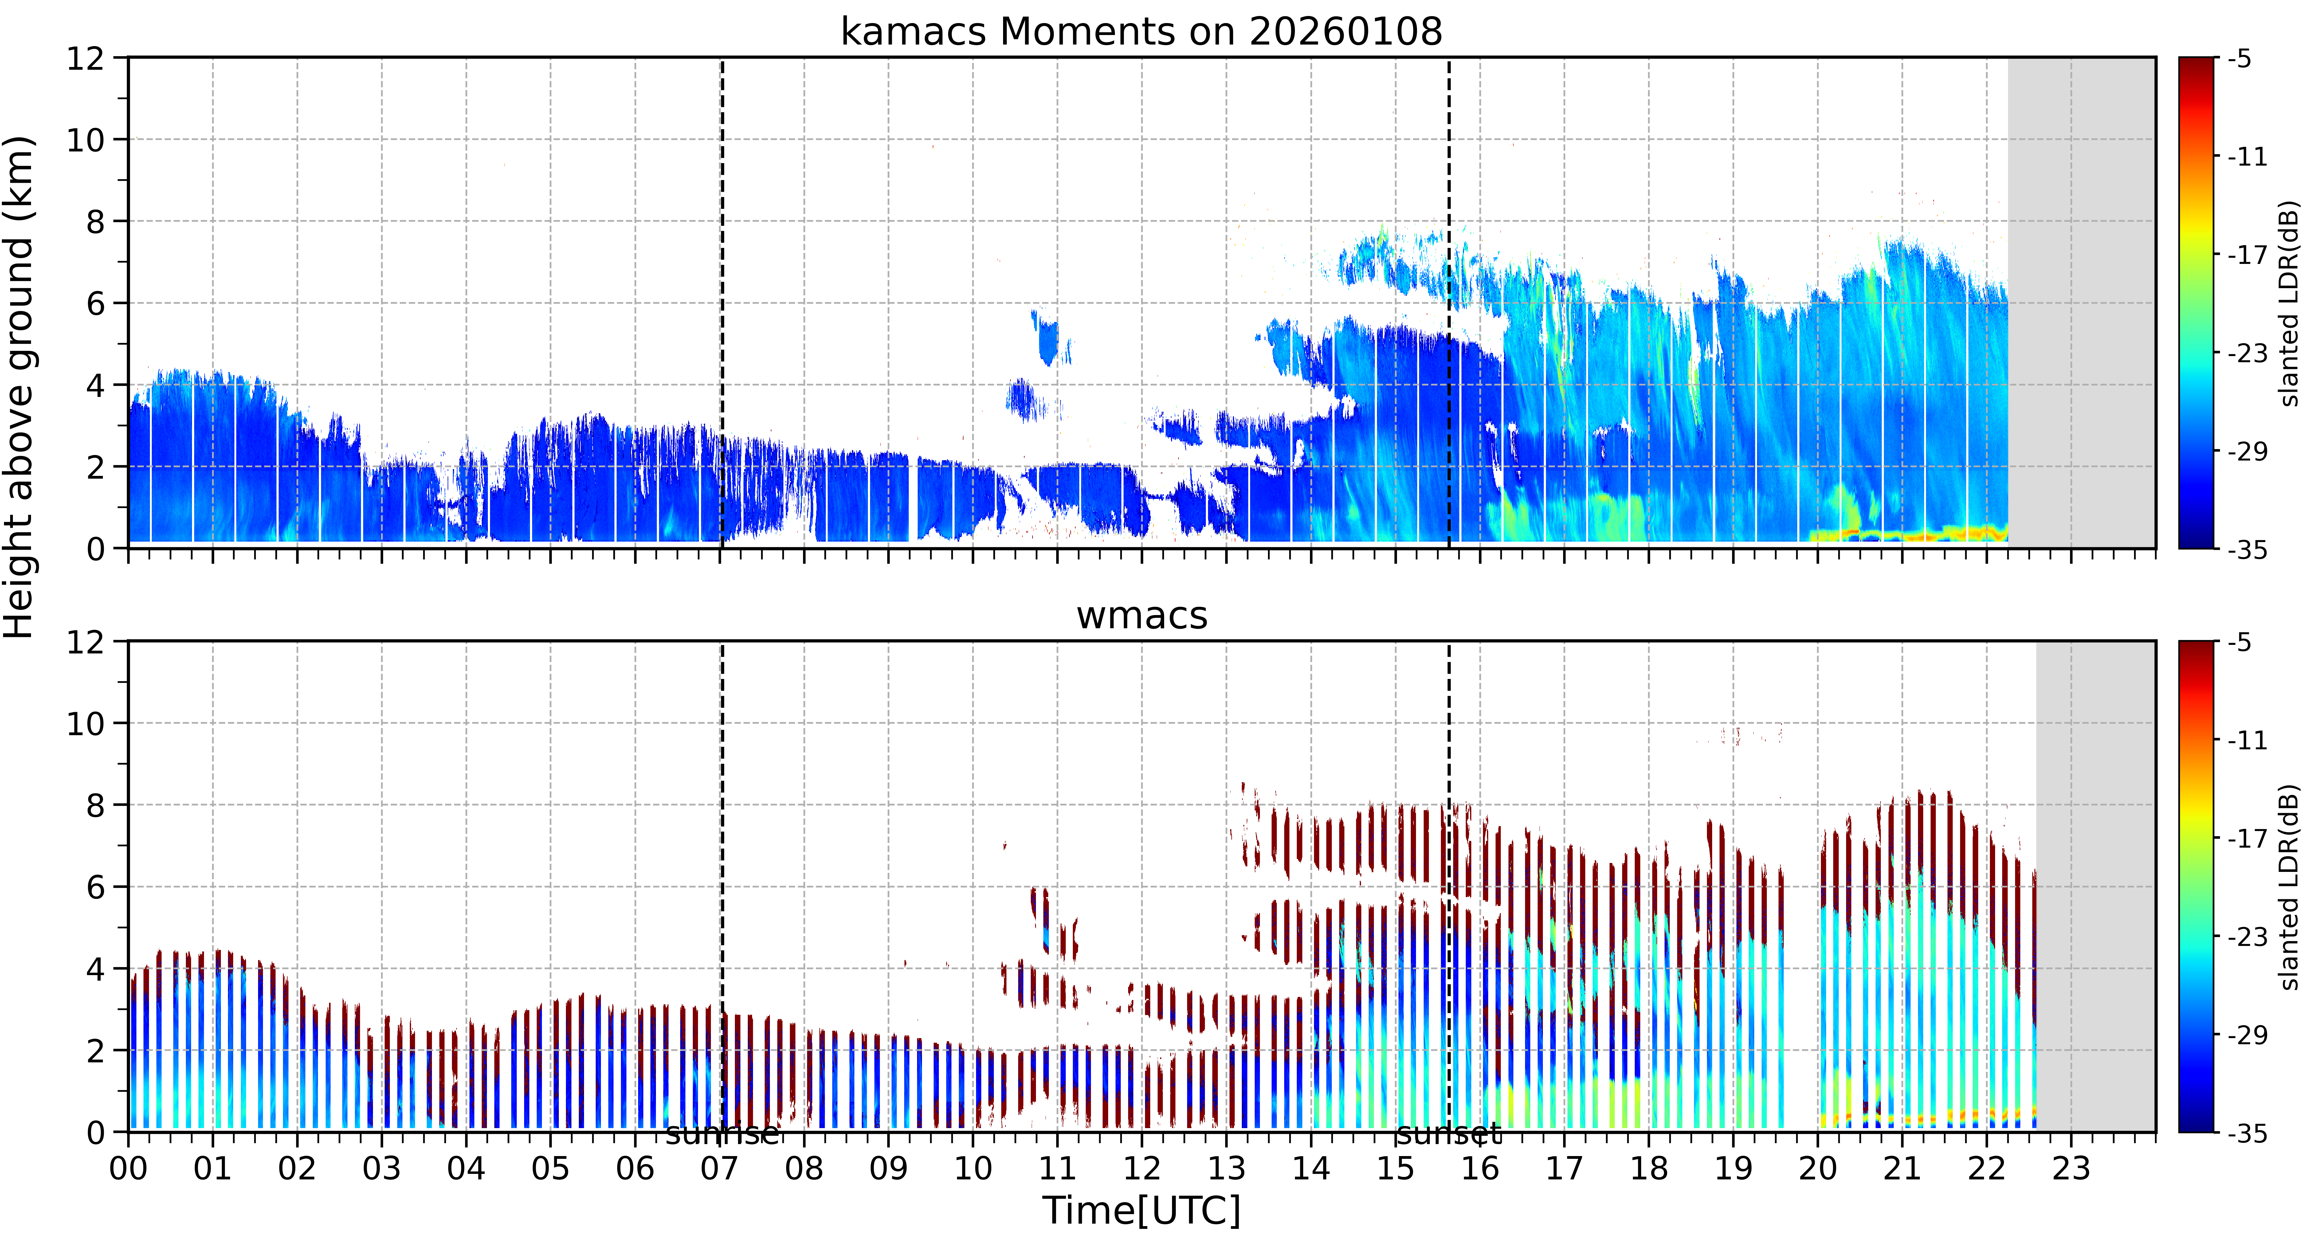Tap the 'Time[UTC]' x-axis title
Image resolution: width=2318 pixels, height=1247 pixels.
pyautogui.click(x=1141, y=1211)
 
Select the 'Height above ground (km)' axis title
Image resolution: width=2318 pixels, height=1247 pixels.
pyautogui.click(x=20, y=387)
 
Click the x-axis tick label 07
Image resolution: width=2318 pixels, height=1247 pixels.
pyautogui.click(x=720, y=1169)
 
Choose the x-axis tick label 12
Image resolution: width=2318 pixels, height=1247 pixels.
pyautogui.click(x=1142, y=1169)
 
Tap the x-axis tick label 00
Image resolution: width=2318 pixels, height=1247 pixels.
pyautogui.click(x=129, y=1169)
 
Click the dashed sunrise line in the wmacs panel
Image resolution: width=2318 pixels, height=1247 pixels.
pyautogui.click(x=722, y=886)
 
